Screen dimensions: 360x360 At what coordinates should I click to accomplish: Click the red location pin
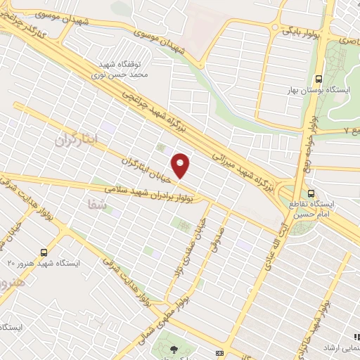point(181,166)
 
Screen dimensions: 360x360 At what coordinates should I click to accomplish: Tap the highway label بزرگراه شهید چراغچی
point(180,108)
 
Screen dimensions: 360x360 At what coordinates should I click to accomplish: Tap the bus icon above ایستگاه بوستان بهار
point(319,79)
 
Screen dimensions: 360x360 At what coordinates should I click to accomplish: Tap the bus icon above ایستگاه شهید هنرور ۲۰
point(44,252)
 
